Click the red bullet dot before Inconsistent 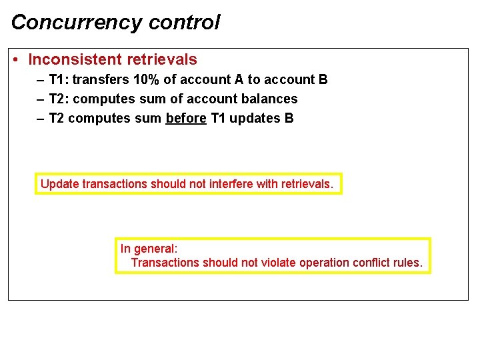click(x=15, y=60)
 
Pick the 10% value click(x=146, y=79)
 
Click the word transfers click(x=101, y=79)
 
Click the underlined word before click(x=186, y=118)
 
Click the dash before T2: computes click(x=41, y=99)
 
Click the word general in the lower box click(x=155, y=249)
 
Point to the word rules click(x=409, y=263)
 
